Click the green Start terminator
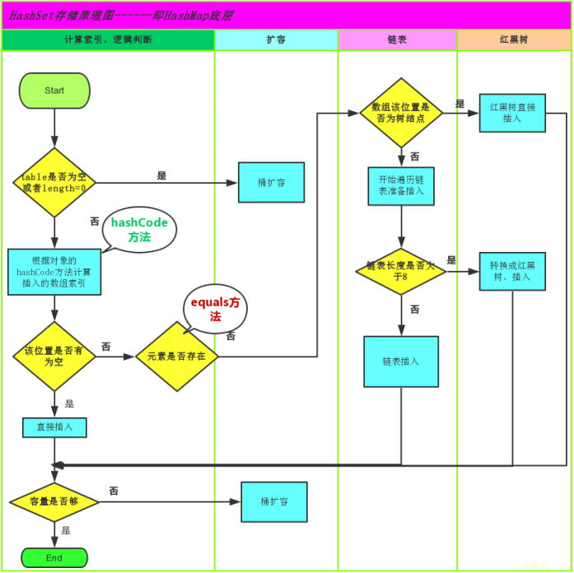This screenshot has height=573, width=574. click(54, 91)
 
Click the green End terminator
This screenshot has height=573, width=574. click(54, 557)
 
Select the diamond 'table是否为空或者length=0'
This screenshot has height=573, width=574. click(54, 183)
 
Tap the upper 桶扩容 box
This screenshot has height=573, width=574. click(271, 182)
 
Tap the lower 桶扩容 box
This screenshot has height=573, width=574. click(274, 501)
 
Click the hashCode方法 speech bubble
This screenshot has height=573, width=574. click(139, 230)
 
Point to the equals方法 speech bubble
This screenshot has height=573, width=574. click(215, 309)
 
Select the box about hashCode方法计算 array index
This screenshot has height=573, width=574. click(54, 272)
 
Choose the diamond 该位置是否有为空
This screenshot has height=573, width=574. click(54, 356)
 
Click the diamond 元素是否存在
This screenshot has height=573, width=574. click(177, 356)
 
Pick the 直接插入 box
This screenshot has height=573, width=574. click(54, 427)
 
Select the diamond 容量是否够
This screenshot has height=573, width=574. click(54, 501)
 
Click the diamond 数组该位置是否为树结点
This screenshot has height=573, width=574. click(401, 113)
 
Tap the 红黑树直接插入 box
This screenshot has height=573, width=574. click(512, 113)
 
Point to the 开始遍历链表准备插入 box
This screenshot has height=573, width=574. click(401, 186)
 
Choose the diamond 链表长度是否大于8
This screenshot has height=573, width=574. click(401, 272)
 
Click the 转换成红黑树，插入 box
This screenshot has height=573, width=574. click(512, 271)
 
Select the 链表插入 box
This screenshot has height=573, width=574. click(401, 361)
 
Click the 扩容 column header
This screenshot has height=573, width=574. click(276, 40)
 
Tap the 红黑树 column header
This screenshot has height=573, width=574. click(514, 40)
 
